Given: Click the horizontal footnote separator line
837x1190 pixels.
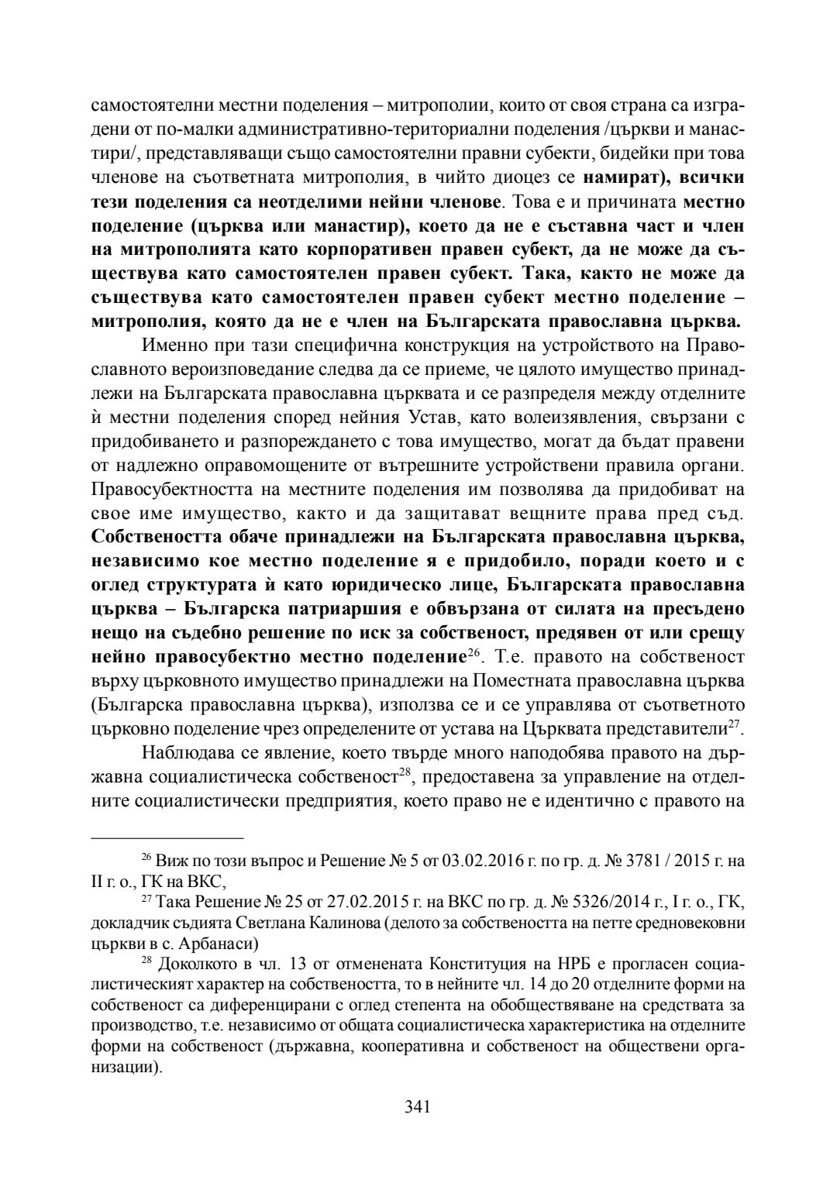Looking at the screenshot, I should tap(167, 837).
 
